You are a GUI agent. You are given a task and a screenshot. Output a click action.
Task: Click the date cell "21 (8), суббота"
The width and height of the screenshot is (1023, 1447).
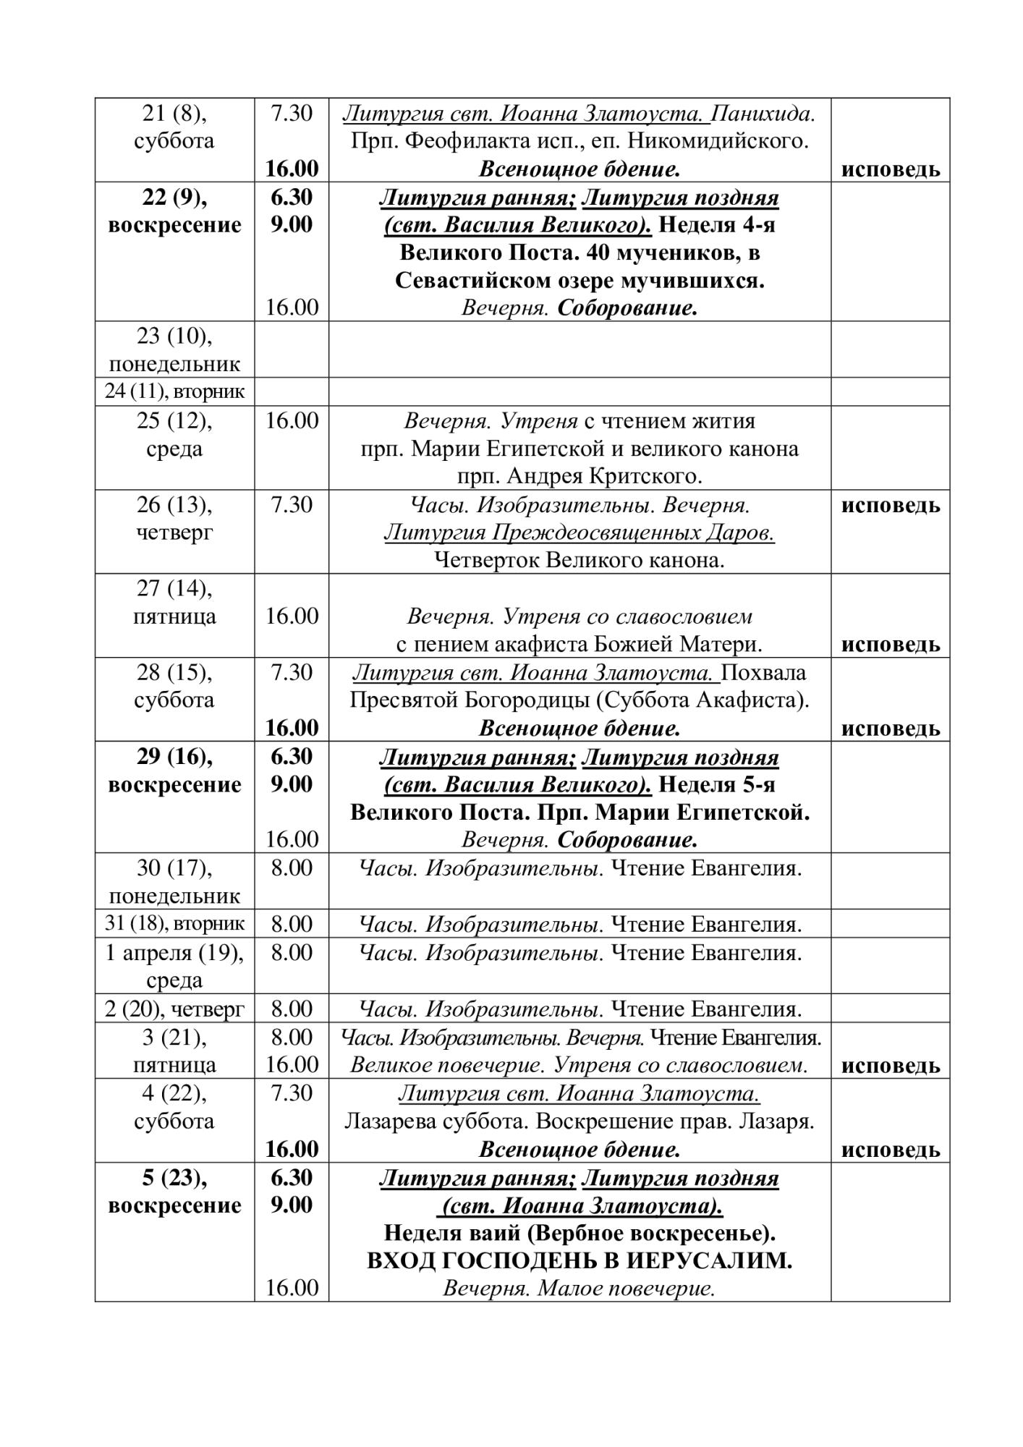click(x=174, y=127)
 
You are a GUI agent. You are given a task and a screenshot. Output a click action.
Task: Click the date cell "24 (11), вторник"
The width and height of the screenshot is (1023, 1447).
click(x=174, y=391)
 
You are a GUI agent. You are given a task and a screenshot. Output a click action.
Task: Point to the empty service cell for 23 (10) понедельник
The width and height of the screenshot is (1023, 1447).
click(x=579, y=349)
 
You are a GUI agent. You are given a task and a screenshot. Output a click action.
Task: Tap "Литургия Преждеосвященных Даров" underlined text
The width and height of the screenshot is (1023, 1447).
click(x=579, y=533)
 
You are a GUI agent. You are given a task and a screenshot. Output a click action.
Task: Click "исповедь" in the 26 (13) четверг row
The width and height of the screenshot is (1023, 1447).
click(x=890, y=505)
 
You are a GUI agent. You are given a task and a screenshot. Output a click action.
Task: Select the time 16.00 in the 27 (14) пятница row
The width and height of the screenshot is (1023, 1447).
click(x=292, y=616)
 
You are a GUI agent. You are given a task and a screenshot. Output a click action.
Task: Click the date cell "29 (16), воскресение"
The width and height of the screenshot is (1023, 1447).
click(x=174, y=771)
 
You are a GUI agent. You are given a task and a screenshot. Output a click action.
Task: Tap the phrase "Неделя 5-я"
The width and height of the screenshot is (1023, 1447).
click(x=716, y=785)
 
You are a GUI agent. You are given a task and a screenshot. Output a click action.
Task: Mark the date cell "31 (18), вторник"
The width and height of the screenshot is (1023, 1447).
click(x=174, y=924)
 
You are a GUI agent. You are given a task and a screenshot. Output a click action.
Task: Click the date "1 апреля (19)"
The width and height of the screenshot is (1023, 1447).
click(x=174, y=953)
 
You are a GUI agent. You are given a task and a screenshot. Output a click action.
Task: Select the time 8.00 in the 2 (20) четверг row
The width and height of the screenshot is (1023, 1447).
click(x=292, y=1009)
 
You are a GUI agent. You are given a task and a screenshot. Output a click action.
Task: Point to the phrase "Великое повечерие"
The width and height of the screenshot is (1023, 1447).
click(x=447, y=1065)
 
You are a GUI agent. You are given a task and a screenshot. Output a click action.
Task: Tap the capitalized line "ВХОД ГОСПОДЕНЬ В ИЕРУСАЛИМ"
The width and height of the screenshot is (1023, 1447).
click(x=579, y=1261)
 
